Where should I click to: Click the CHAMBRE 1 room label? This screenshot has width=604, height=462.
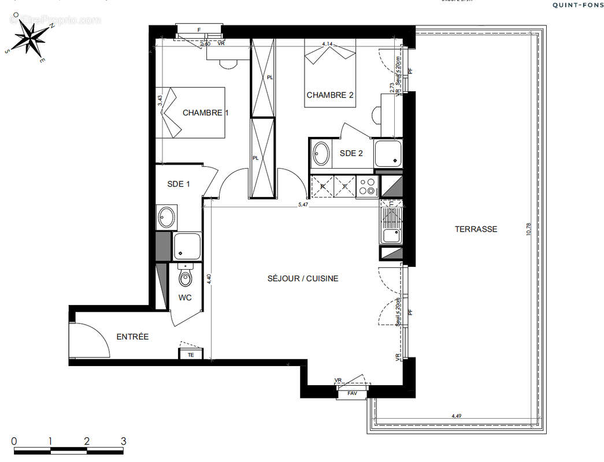pyautogui.click(x=205, y=113)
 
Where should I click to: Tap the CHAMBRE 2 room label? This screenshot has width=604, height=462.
pyautogui.click(x=329, y=95)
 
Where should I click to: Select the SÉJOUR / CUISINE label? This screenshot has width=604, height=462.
pyautogui.click(x=302, y=278)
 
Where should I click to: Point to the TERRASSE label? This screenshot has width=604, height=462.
pyautogui.click(x=476, y=229)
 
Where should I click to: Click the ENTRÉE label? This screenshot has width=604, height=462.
pyautogui.click(x=132, y=337)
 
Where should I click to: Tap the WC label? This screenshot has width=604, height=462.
pyautogui.click(x=185, y=298)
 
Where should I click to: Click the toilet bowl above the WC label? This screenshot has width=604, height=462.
pyautogui.click(x=185, y=278)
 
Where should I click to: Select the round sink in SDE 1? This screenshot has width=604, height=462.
pyautogui.click(x=166, y=217)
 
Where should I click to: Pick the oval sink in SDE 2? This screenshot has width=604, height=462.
pyautogui.click(x=321, y=154)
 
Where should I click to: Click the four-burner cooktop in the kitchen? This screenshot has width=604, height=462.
pyautogui.click(x=367, y=187)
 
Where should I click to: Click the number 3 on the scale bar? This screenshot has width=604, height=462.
pyautogui.click(x=123, y=442)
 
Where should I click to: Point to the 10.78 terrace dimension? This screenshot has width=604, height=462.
pyautogui.click(x=527, y=229)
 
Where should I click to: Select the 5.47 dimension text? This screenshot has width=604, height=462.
pyautogui.click(x=302, y=204)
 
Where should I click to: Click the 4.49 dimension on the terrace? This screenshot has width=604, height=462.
pyautogui.click(x=457, y=416)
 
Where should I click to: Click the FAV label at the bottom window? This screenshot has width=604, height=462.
pyautogui.click(x=352, y=394)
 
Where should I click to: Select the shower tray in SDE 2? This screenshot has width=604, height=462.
pyautogui.click(x=388, y=153)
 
